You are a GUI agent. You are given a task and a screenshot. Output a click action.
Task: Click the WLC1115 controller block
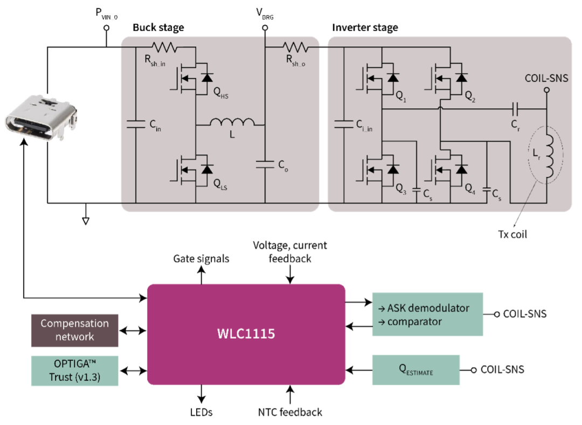(246, 334)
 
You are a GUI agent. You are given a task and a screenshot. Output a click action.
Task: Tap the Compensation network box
(75, 330)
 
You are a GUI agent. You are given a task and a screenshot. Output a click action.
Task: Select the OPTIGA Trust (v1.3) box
(75, 371)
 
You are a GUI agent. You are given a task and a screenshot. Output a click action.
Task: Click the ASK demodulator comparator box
(427, 314)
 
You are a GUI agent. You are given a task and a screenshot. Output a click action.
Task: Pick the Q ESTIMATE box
(416, 369)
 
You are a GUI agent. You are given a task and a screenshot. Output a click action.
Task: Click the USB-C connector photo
(40, 118)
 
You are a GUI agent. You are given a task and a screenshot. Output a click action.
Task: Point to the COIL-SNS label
(546, 79)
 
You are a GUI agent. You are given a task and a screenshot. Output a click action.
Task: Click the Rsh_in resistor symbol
(163, 47)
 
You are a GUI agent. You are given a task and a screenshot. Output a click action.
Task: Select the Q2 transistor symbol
(448, 79)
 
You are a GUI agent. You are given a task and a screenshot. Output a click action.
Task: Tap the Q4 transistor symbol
(448, 169)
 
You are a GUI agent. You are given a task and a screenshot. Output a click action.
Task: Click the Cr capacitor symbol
(515, 109)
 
